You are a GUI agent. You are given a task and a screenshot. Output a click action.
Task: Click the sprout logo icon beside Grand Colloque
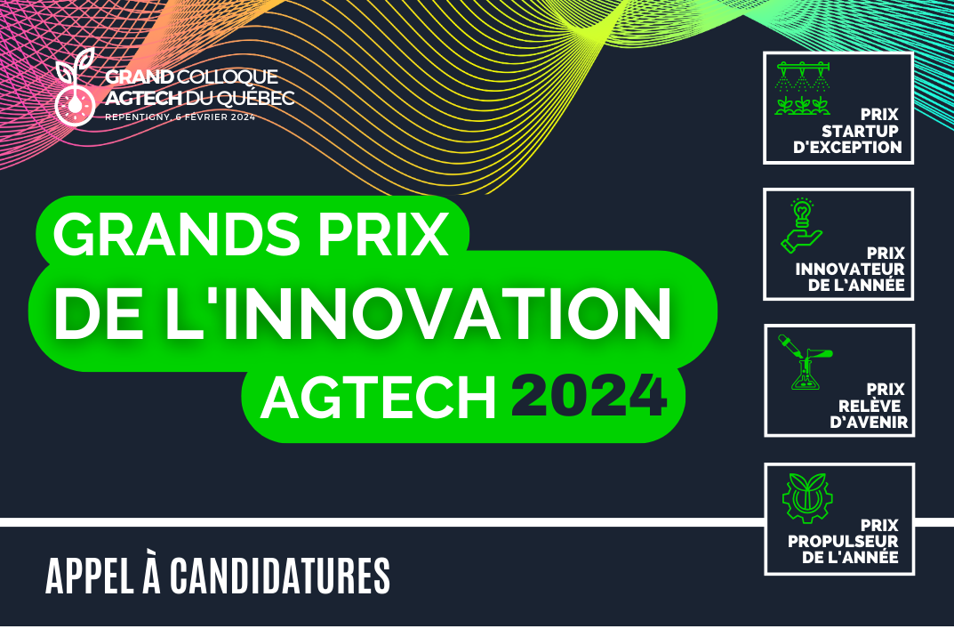point(75,87)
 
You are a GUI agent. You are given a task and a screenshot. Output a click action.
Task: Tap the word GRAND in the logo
point(140,77)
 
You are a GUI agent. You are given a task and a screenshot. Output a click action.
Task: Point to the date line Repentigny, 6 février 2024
point(180,117)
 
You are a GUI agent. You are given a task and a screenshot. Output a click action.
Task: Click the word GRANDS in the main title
point(177,233)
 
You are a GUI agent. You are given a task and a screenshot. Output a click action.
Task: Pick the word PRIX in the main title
point(384,233)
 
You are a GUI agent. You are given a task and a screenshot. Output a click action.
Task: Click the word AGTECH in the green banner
point(379,397)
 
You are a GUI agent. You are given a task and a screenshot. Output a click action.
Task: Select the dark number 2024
point(589,397)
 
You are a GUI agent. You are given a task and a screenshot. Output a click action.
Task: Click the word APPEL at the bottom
point(90,576)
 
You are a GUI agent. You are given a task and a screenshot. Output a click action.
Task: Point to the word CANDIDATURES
point(280,576)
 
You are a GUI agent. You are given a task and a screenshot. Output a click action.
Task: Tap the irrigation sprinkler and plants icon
point(803,89)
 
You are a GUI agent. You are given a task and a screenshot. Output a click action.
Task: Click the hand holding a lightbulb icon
point(802,225)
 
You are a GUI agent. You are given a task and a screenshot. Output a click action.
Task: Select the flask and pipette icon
point(806,362)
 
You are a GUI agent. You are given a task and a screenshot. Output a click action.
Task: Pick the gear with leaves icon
point(807,498)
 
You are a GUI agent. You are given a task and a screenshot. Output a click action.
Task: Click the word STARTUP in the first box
point(861,131)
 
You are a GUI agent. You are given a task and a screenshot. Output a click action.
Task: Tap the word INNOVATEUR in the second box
point(850,270)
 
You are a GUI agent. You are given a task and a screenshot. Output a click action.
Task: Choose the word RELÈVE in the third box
point(870,406)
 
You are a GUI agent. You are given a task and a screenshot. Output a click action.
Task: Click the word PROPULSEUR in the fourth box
point(843,542)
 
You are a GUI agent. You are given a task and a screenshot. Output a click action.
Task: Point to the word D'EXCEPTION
point(847,148)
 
